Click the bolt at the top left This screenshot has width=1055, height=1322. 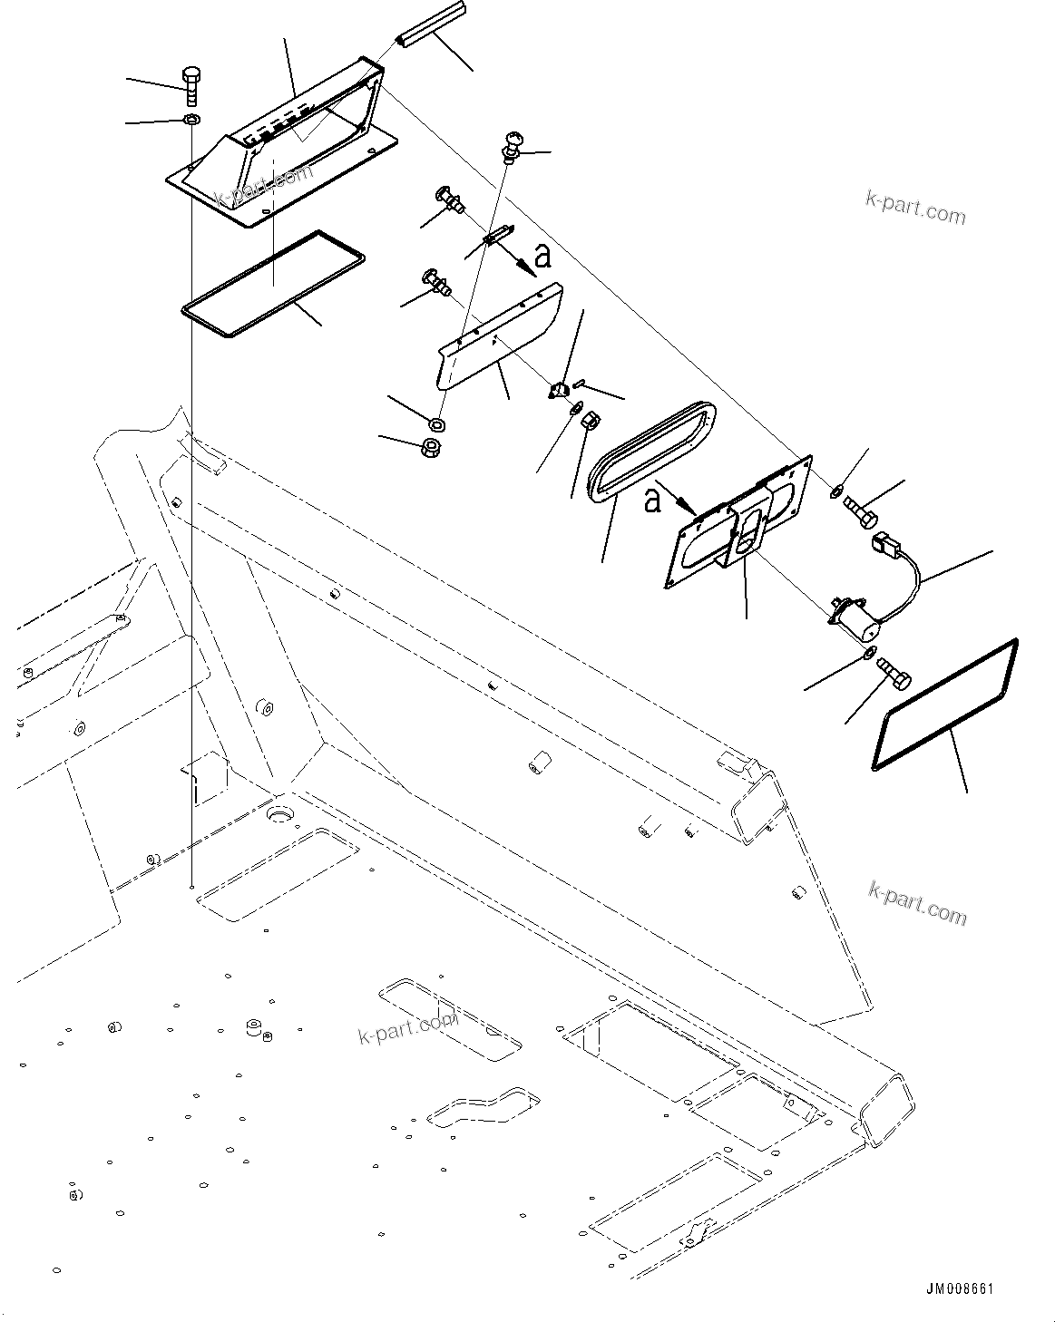[191, 85]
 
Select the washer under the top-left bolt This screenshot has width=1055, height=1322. [191, 120]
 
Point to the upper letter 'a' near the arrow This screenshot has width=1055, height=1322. [542, 258]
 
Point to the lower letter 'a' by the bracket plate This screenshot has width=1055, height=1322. [651, 501]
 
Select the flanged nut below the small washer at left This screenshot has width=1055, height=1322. [434, 447]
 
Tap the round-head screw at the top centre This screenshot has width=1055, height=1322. [512, 144]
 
